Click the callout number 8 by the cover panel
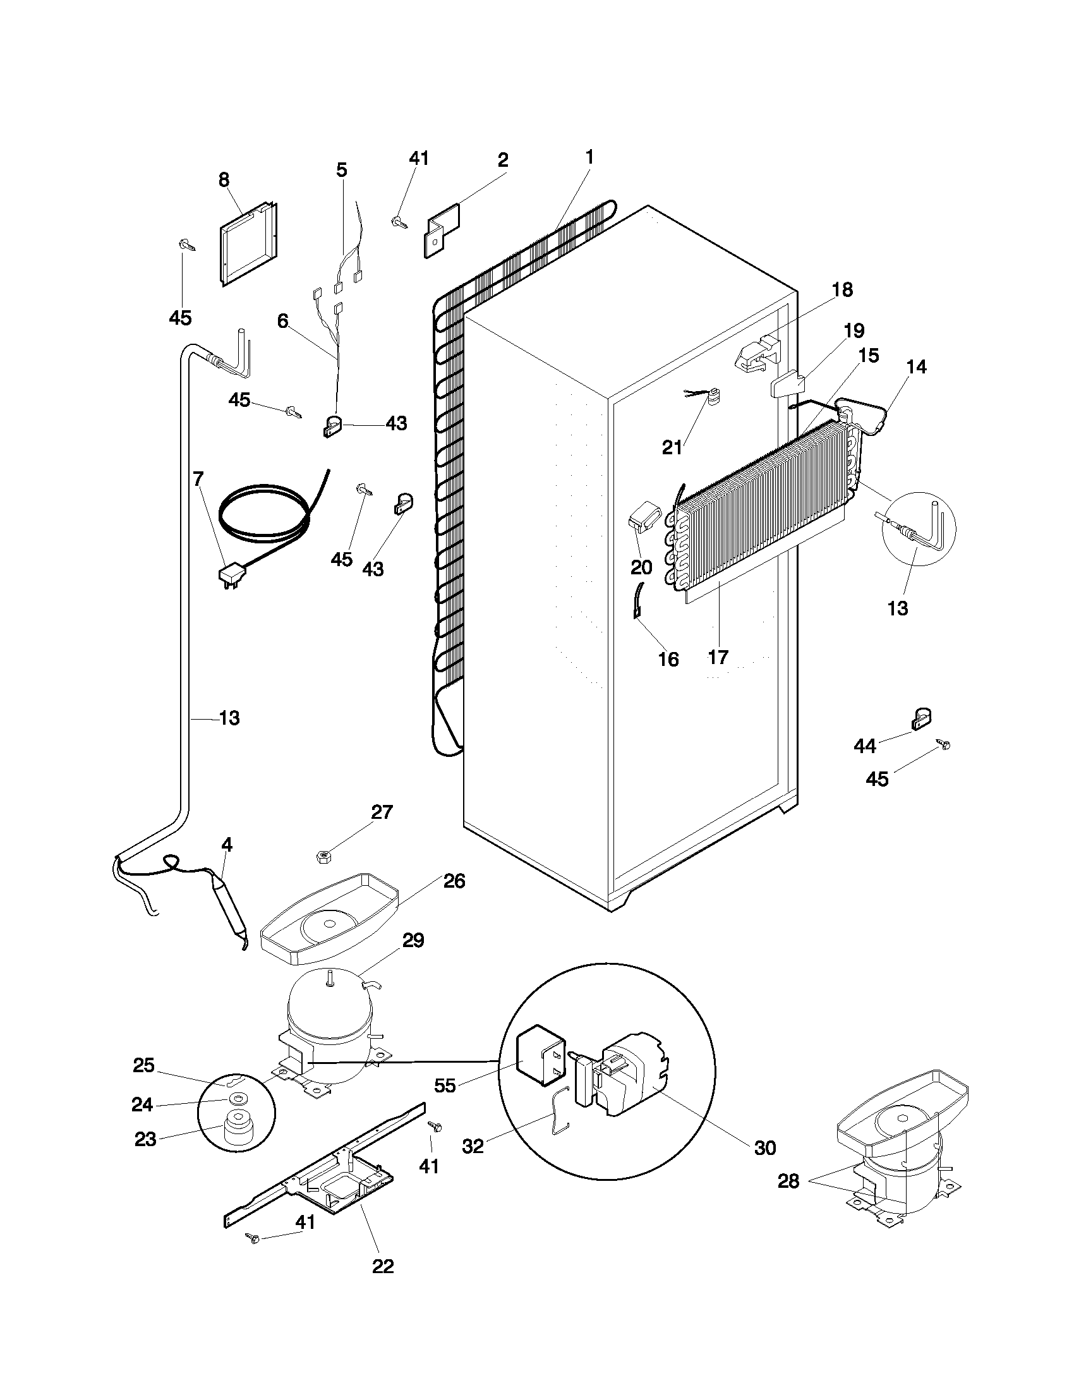(224, 180)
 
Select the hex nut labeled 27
(323, 857)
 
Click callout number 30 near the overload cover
(765, 1147)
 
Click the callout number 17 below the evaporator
(718, 657)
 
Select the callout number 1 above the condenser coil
(589, 157)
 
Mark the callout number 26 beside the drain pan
(454, 881)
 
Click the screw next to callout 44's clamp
(943, 744)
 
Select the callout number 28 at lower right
(788, 1181)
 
